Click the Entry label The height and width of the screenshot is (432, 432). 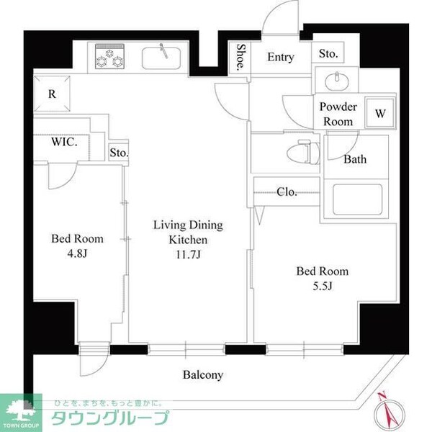pyautogui.click(x=280, y=58)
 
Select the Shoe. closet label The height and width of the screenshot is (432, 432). pyautogui.click(x=241, y=58)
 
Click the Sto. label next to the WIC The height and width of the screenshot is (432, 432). pyautogui.click(x=120, y=153)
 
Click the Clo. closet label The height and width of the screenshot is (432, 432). pyautogui.click(x=287, y=192)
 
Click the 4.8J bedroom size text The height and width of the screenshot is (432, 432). pyautogui.click(x=76, y=253)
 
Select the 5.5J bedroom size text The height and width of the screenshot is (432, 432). pyautogui.click(x=323, y=286)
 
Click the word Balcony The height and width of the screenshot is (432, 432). pyautogui.click(x=202, y=375)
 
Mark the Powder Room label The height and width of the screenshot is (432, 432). pyautogui.click(x=337, y=114)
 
